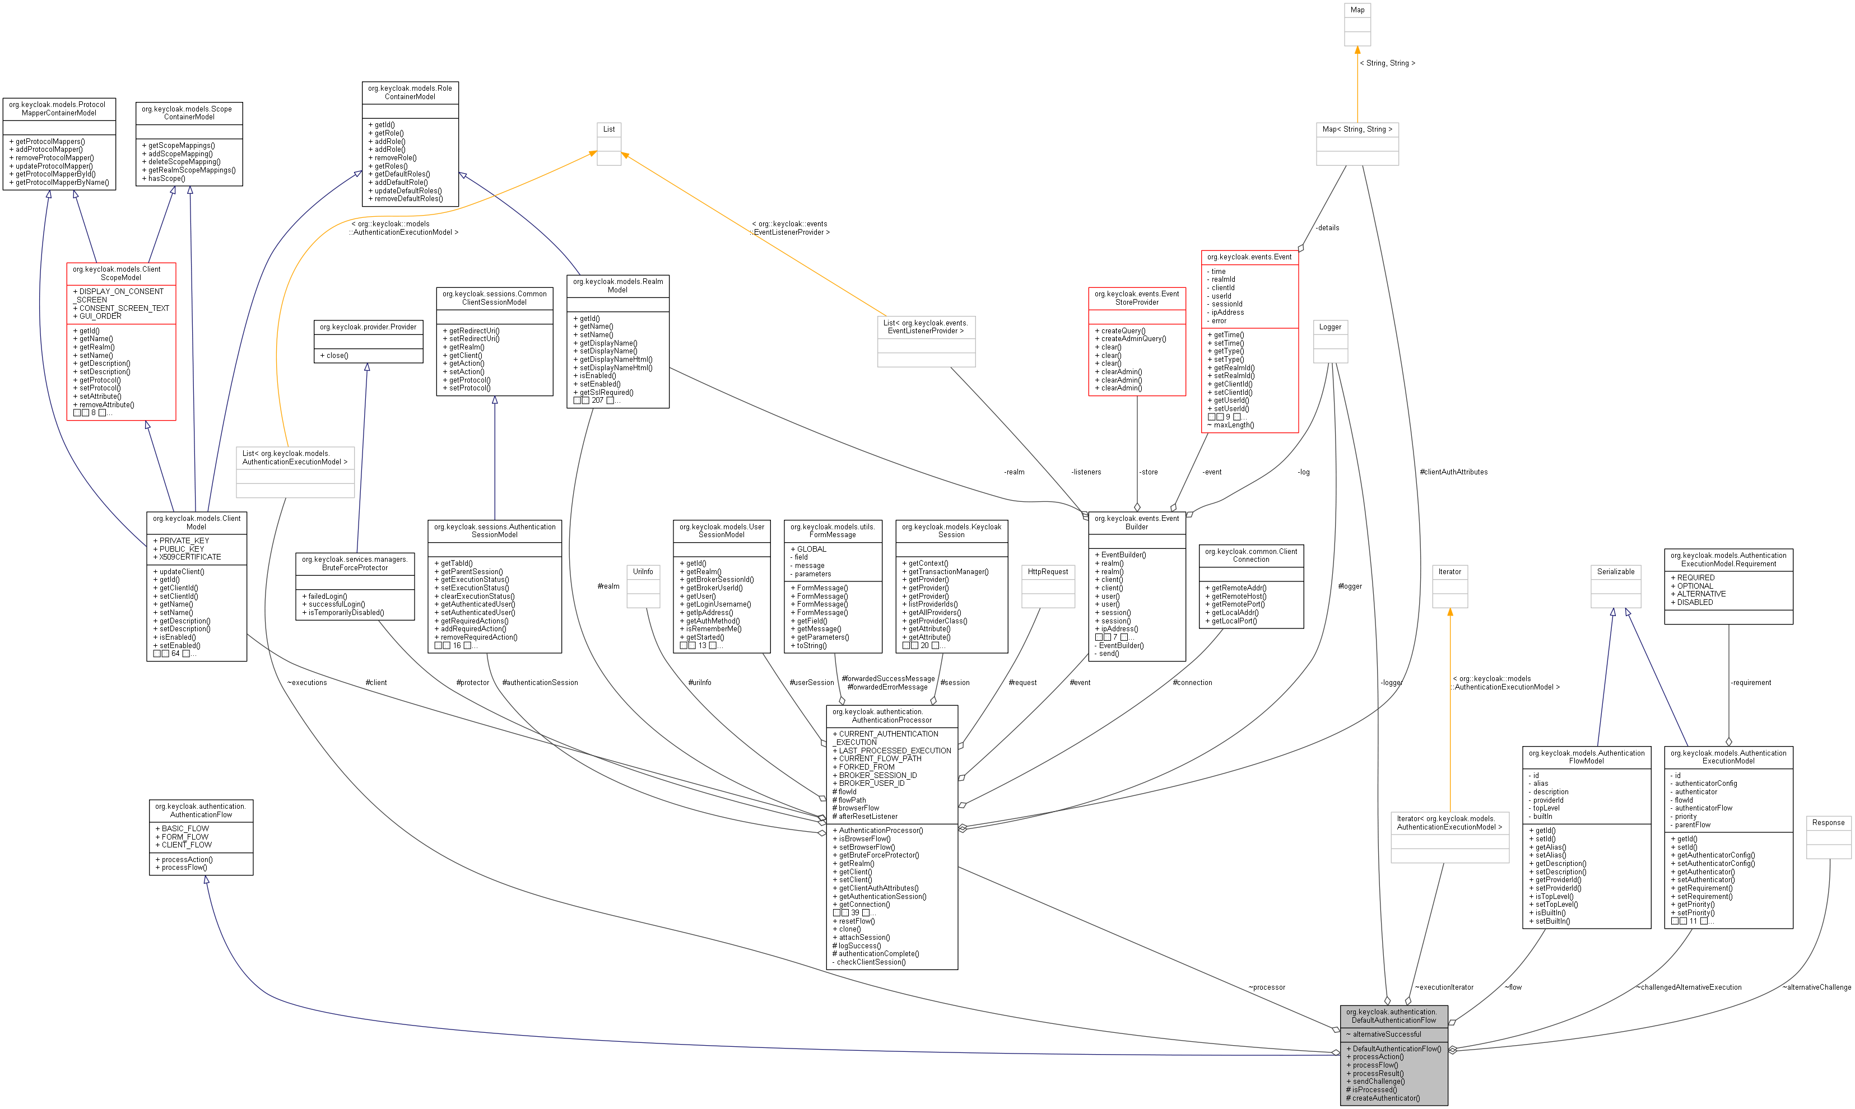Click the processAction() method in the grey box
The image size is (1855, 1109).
coord(1378,1057)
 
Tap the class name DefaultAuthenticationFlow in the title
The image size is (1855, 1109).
coord(1393,1020)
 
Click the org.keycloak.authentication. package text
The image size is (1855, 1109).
coord(1391,1012)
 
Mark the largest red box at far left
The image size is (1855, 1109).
coord(121,342)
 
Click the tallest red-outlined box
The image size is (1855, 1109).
coord(1249,342)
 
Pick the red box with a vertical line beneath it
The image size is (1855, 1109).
coord(1137,342)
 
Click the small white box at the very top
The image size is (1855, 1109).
coord(1357,25)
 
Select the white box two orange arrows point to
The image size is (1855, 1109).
coord(609,143)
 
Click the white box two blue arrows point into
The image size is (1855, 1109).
coord(1616,586)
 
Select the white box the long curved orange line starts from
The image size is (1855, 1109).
coord(295,472)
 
